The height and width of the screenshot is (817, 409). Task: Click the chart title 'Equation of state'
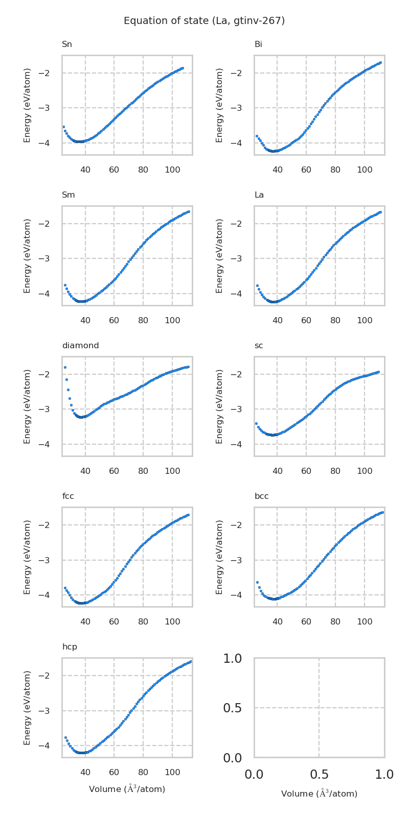pos(204,21)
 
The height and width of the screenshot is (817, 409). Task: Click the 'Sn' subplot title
pos(67,44)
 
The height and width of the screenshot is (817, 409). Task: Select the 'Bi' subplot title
pos(258,44)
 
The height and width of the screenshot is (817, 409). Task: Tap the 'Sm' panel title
pos(69,195)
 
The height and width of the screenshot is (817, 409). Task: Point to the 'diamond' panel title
pos(80,346)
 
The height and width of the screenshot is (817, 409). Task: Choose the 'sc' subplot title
pos(259,346)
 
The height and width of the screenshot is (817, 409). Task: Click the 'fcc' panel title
pos(68,496)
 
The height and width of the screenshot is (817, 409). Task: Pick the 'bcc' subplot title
pos(261,496)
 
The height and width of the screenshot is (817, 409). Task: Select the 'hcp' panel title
pos(70,647)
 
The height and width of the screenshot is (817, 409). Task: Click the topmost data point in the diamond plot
pos(65,367)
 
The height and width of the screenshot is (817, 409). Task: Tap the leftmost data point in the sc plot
pos(256,423)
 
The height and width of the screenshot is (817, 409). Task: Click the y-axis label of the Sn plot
pos(28,105)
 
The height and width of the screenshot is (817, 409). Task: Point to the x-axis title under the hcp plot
pos(127,789)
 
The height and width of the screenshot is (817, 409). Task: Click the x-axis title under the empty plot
pos(319,794)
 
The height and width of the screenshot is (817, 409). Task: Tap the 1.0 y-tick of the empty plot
pos(232,659)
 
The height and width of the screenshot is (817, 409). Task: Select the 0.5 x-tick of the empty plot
pos(319,775)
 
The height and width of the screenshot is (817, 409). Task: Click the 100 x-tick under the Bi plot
pos(365,169)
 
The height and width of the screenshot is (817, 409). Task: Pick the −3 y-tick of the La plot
pos(238,258)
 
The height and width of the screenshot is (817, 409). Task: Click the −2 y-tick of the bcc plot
pos(238,525)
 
